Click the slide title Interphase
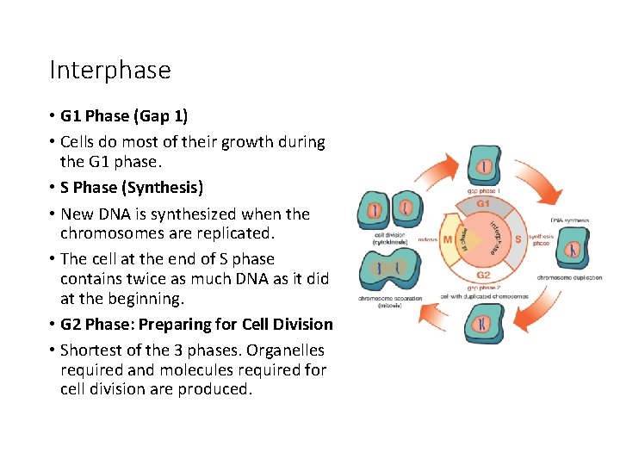coord(110,70)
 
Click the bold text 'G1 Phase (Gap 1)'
coord(124,116)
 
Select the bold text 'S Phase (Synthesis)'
coord(132,188)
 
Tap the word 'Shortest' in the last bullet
coord(94,350)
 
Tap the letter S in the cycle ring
coord(518,239)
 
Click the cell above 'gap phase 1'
coord(485,165)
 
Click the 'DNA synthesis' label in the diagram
coord(570,220)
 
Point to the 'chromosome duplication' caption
coord(569,277)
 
